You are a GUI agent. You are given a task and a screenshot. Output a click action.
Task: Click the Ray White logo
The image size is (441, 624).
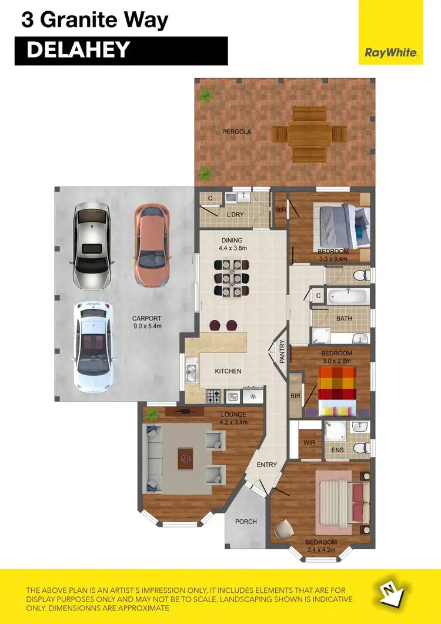click(390, 52)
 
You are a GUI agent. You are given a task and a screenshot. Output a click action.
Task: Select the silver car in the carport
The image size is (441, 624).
click(91, 245)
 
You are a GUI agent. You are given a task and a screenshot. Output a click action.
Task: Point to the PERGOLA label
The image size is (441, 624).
click(236, 132)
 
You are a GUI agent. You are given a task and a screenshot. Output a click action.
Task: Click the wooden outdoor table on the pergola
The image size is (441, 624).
click(309, 134)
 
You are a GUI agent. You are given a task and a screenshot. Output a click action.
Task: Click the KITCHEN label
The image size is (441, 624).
click(228, 371)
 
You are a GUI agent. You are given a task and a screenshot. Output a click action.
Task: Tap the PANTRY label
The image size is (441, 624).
click(282, 351)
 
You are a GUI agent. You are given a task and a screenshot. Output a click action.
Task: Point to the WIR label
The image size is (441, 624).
click(310, 441)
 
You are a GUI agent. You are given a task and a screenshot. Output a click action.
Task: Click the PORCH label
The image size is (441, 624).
click(246, 522)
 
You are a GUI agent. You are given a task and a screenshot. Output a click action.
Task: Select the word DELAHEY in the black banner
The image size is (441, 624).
click(78, 51)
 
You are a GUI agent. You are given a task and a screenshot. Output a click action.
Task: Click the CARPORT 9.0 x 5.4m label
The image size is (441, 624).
click(146, 323)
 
